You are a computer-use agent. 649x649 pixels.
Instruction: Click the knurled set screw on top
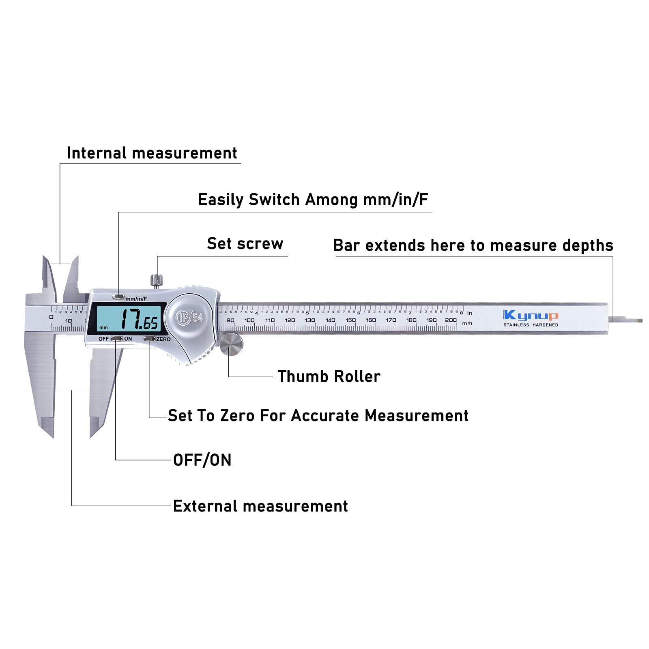[157, 280]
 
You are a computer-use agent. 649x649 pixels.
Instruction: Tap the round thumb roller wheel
[231, 344]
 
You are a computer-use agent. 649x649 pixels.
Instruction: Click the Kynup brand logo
[531, 315]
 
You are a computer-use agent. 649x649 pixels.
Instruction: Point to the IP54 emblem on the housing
[189, 317]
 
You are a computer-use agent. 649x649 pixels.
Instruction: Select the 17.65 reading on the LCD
[139, 319]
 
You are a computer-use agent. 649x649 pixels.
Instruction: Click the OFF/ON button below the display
[116, 338]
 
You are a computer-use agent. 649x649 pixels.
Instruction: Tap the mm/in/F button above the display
[118, 297]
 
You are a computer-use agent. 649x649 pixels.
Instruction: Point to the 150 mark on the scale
[350, 320]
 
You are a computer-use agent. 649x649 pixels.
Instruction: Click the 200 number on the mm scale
[451, 320]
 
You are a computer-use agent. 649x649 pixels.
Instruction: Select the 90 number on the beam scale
[230, 320]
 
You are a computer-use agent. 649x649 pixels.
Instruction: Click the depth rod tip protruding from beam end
[627, 320]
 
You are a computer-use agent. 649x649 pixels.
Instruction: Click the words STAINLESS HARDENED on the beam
[531, 325]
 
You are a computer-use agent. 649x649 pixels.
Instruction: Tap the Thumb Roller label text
[329, 376]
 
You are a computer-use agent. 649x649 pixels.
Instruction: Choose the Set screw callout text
[245, 244]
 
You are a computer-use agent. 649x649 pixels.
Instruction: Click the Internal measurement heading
[152, 153]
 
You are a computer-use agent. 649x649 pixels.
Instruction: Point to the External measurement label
[260, 506]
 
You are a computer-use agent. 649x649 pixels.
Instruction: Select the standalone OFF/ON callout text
[202, 460]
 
